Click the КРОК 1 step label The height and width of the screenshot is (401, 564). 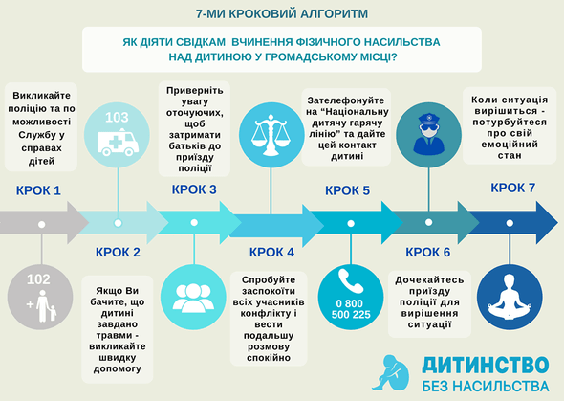point(38,190)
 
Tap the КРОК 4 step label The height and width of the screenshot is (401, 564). point(271,253)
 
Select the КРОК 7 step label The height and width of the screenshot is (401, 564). point(513,188)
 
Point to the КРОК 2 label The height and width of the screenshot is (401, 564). point(118,253)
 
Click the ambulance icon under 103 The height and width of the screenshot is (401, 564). point(118,143)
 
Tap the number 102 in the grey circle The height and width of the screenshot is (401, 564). point(38,279)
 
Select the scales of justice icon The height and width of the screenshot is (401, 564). point(271,135)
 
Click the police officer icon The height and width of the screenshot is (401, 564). point(429,134)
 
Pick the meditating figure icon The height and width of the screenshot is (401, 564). point(510,298)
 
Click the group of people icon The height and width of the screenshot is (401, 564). point(193,298)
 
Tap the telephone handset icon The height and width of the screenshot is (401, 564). point(351,281)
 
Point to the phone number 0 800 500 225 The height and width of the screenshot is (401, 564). point(351,309)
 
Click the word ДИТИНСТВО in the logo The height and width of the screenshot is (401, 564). point(486,365)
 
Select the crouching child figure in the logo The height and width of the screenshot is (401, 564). point(391,373)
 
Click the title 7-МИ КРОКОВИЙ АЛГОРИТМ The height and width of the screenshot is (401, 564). point(282,13)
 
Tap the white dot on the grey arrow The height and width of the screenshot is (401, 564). point(42,224)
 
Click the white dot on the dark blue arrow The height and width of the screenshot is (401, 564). point(510,223)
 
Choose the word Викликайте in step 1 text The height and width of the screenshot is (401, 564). point(42,96)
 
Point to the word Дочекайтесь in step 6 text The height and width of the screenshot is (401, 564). point(429,280)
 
